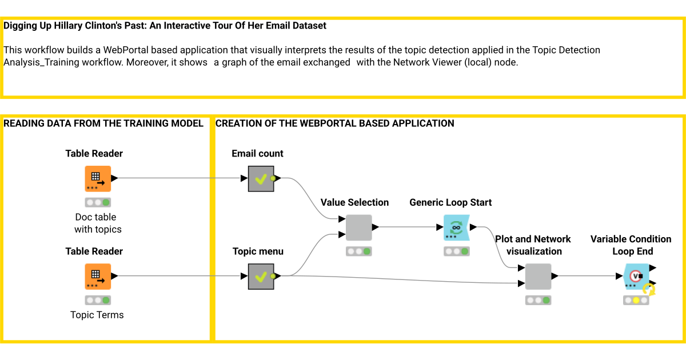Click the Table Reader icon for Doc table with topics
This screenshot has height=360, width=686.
(x=97, y=179)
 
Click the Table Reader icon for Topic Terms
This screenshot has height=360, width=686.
(x=97, y=277)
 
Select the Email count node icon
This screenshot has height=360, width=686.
(x=261, y=179)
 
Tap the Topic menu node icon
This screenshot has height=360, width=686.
(x=261, y=277)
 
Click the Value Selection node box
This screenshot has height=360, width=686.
(x=358, y=227)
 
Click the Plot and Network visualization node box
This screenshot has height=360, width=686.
(x=538, y=277)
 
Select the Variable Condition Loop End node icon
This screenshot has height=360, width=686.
(x=636, y=277)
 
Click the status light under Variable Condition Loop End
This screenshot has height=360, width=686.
(x=636, y=301)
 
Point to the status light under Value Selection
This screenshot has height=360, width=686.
(x=358, y=251)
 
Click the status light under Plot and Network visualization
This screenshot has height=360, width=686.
(x=538, y=301)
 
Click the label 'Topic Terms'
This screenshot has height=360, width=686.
(x=97, y=315)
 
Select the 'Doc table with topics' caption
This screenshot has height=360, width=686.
(x=97, y=223)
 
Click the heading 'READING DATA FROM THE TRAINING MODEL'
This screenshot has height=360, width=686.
(x=103, y=123)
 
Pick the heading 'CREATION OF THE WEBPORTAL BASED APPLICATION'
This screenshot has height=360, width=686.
(x=334, y=123)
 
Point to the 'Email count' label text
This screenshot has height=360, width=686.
(x=257, y=154)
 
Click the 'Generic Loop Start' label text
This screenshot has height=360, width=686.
(x=450, y=203)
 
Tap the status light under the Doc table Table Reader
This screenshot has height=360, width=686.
(x=97, y=202)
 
